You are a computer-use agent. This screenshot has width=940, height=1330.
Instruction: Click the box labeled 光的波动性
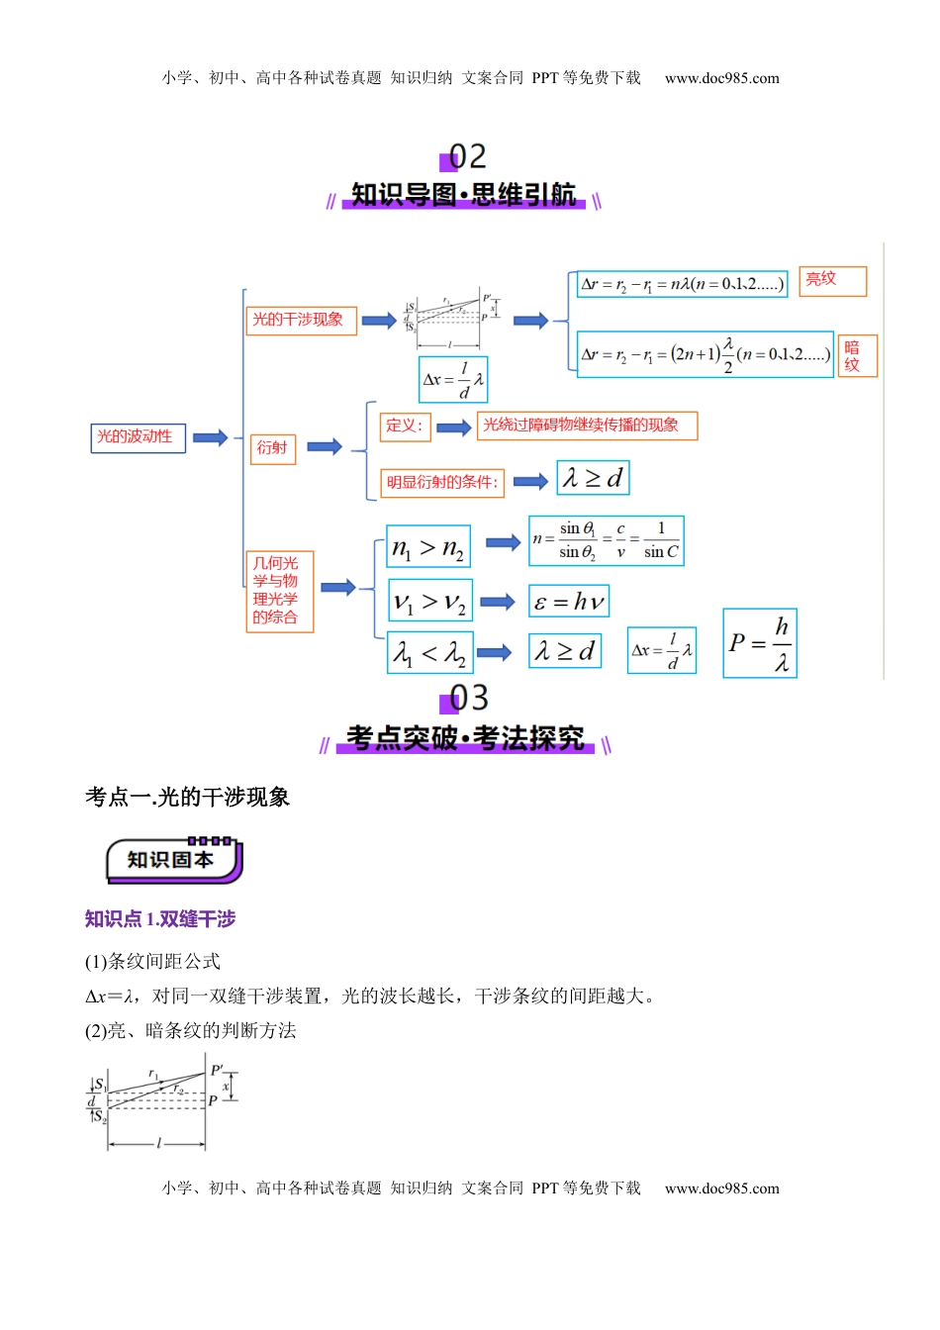click(138, 437)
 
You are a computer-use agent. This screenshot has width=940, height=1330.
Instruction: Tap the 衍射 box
click(272, 448)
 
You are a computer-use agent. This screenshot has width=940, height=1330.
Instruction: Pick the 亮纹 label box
click(832, 280)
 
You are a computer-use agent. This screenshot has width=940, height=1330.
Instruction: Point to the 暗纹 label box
click(857, 356)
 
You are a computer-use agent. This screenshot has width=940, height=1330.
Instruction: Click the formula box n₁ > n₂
click(428, 547)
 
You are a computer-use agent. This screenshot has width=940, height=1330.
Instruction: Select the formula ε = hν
click(568, 602)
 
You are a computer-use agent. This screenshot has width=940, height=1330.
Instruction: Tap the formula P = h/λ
click(759, 643)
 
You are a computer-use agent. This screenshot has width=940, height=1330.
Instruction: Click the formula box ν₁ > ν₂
click(429, 601)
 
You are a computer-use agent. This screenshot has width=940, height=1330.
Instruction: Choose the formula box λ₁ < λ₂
click(429, 652)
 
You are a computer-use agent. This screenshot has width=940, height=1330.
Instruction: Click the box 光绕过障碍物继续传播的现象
click(586, 426)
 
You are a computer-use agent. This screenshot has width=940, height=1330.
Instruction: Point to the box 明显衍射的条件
click(442, 483)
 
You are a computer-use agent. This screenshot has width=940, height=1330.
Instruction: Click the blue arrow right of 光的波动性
click(211, 437)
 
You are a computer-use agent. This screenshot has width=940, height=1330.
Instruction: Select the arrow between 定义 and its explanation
click(453, 427)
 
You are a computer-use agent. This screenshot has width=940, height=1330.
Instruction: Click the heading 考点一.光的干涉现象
click(187, 797)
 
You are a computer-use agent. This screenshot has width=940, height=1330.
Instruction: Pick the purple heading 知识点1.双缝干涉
click(160, 919)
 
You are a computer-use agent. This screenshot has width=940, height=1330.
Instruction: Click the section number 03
click(468, 699)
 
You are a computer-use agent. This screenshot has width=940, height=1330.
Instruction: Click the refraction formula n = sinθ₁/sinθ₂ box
click(606, 541)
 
